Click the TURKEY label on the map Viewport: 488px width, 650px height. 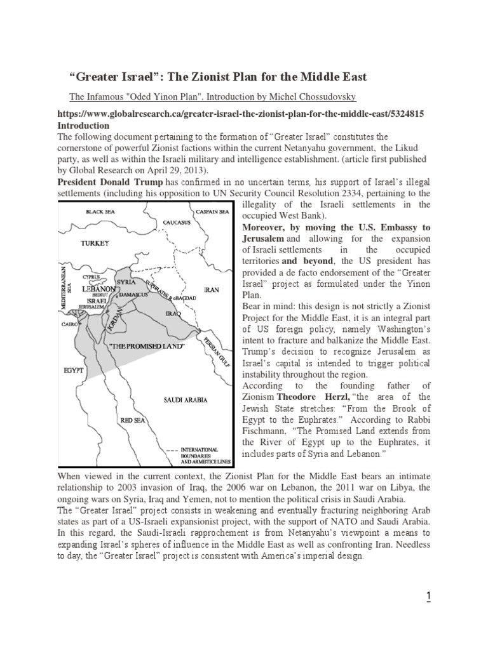tap(94, 243)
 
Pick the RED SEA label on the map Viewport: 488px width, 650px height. tap(132, 420)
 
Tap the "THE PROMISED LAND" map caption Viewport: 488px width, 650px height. tap(147, 347)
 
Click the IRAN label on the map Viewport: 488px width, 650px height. tap(211, 290)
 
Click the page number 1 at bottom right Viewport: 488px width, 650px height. tap(428, 596)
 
